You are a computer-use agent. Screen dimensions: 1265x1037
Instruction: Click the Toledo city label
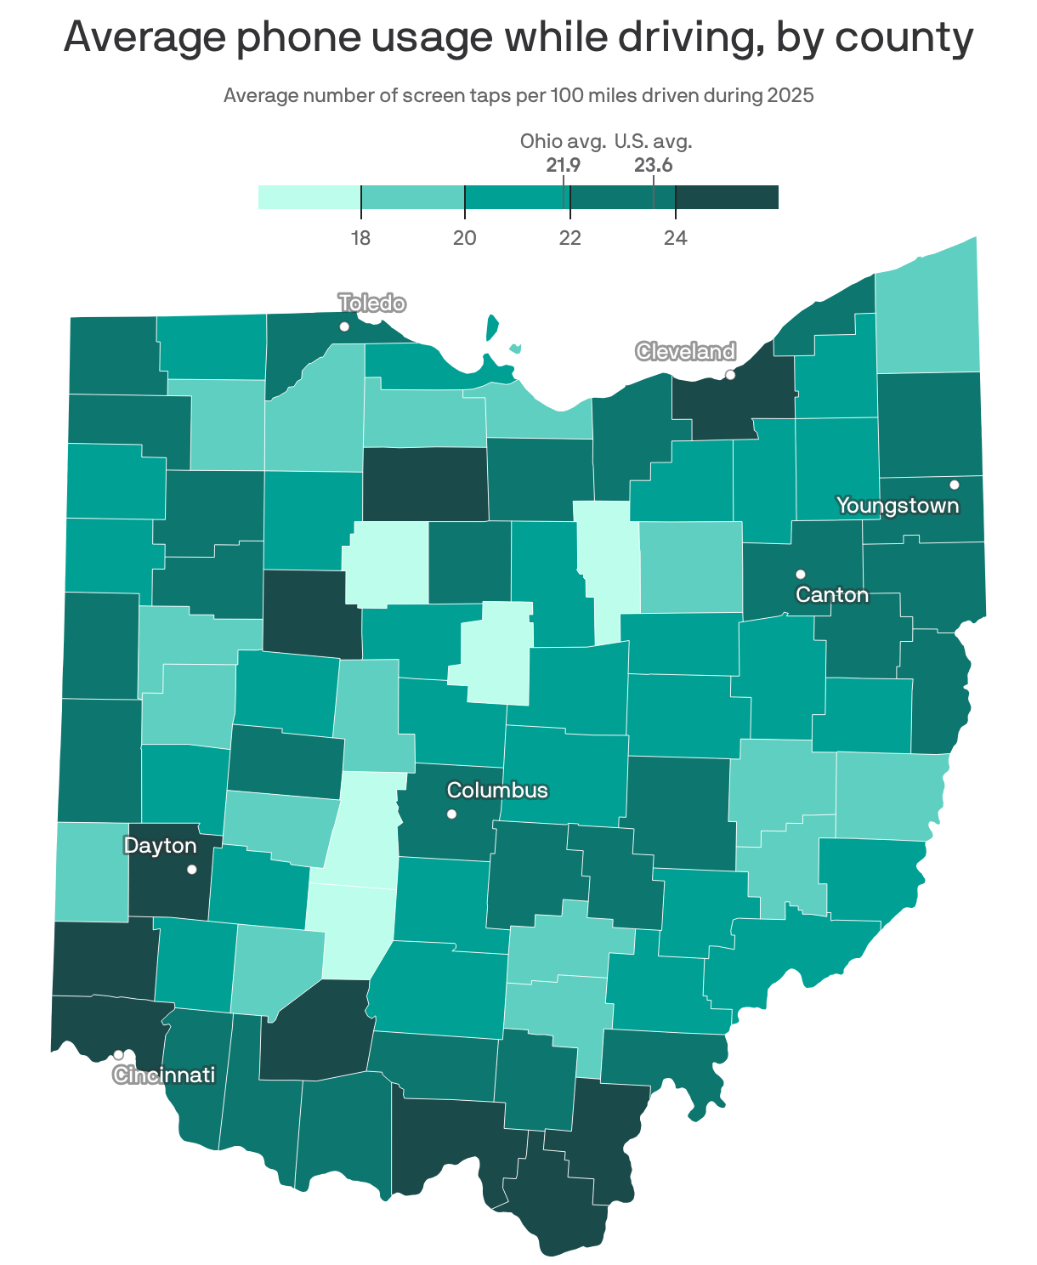(371, 303)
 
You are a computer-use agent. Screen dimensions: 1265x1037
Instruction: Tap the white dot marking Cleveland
(729, 375)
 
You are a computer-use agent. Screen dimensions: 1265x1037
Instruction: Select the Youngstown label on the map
(898, 506)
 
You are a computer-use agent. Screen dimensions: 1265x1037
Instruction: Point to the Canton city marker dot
(800, 574)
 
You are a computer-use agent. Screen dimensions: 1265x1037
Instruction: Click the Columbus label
(497, 791)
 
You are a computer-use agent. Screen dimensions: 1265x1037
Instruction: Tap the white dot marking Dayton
(192, 869)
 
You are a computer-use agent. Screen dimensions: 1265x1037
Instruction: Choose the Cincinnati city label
(164, 1075)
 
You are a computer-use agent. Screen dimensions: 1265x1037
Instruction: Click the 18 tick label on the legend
(361, 238)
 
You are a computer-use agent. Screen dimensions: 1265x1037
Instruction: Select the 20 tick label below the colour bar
(465, 238)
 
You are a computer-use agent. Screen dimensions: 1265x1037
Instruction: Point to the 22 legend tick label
(570, 238)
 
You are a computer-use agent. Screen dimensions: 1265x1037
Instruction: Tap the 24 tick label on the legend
(676, 238)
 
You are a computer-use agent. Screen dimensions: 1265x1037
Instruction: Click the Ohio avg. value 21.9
(563, 165)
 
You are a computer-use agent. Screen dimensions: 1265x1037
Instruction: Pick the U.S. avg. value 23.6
(653, 165)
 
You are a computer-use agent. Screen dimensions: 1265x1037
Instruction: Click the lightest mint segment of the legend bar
(309, 197)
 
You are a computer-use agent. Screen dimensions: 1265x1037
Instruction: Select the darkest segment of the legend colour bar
(727, 197)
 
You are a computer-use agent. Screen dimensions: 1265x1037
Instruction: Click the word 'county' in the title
(906, 38)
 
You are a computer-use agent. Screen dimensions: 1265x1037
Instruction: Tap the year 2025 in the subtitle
(790, 95)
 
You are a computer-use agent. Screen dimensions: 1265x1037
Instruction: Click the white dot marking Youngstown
(954, 485)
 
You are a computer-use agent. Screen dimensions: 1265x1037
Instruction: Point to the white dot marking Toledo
(344, 326)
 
